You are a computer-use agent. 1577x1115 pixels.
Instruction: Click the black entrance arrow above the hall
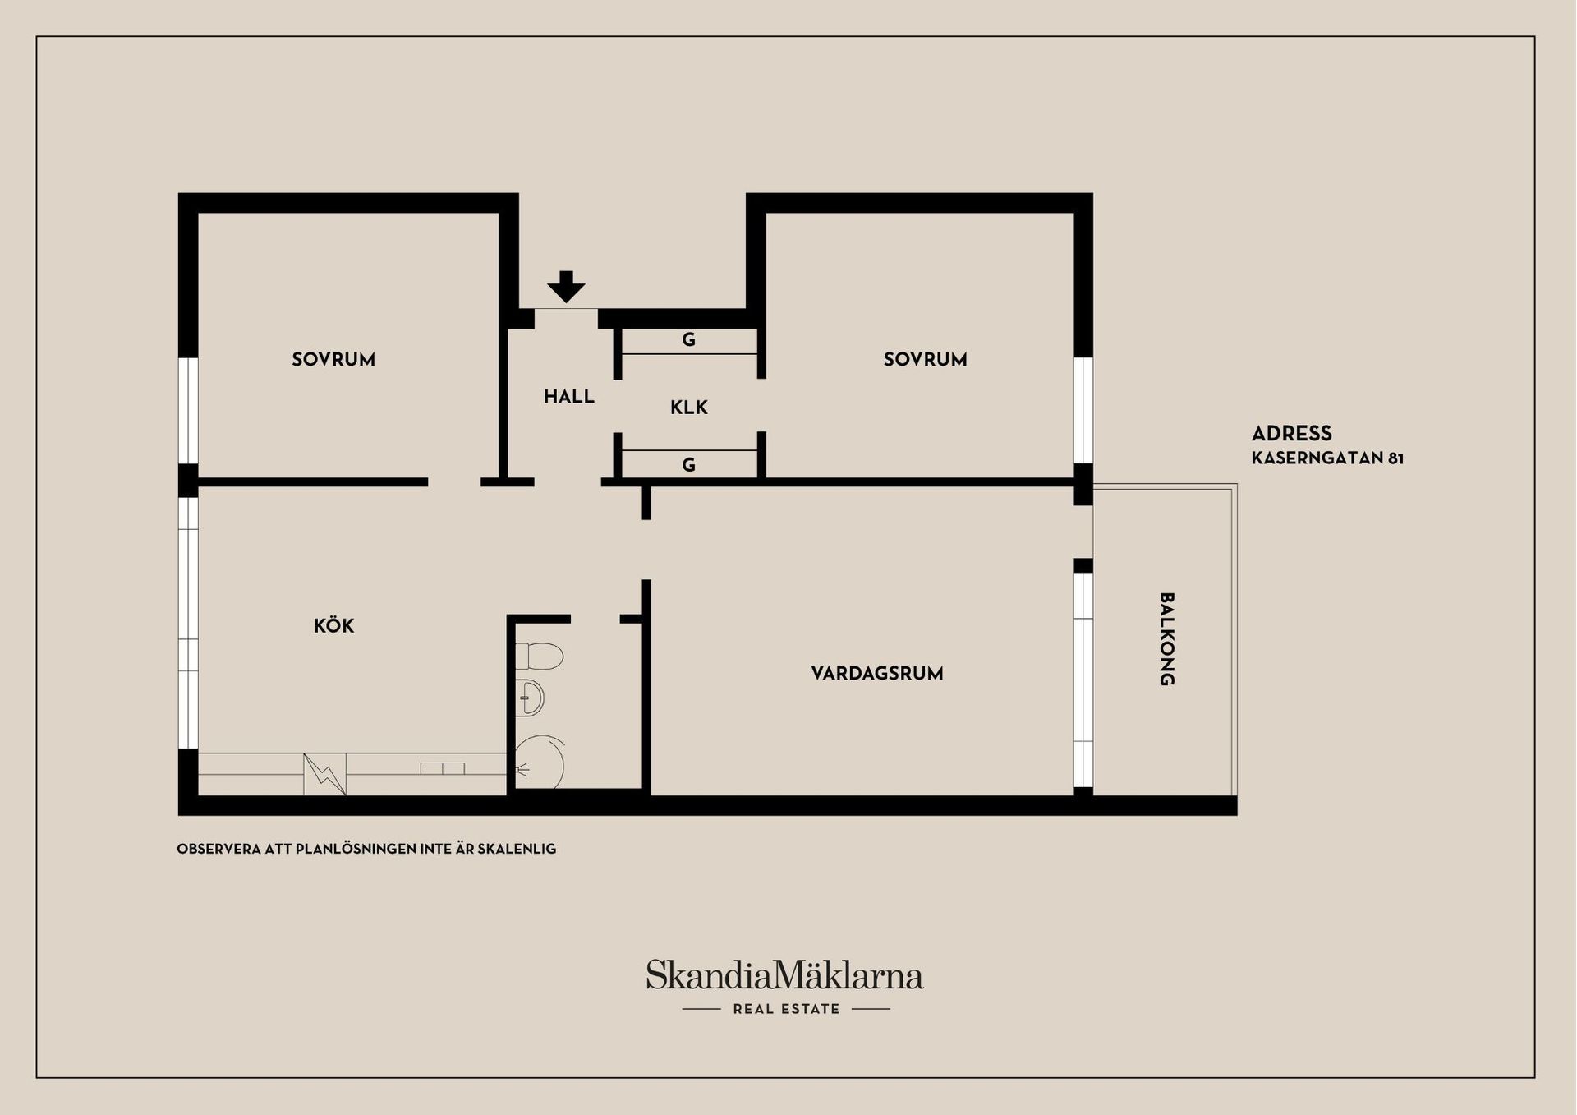coord(566,287)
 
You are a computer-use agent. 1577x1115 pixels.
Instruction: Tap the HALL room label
coord(569,397)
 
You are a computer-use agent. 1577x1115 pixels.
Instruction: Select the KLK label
coord(688,408)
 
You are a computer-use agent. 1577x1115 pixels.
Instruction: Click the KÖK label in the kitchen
coord(333,625)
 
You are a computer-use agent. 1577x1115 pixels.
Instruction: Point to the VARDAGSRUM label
coord(877,674)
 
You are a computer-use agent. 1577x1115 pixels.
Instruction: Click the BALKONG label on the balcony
coord(1166,639)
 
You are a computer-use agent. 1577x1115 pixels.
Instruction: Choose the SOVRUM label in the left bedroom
coord(333,359)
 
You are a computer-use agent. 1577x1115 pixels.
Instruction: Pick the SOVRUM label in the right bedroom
coord(925,359)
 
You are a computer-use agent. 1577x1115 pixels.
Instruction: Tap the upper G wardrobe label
coord(689,339)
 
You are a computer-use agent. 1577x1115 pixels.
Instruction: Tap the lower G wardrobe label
coord(689,465)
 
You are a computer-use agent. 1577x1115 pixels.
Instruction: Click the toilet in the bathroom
coord(539,657)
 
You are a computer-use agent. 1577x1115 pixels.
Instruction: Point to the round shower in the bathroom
coord(539,763)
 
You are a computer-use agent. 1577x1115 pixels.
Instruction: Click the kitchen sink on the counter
coord(443,768)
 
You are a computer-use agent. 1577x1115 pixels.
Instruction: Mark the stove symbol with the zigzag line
coord(325,774)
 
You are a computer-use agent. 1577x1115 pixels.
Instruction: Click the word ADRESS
coord(1292,434)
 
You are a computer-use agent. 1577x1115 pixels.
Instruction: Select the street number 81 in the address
coord(1396,458)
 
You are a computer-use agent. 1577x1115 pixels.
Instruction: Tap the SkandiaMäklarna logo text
coord(784,975)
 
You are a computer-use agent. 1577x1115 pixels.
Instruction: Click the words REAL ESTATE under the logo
coord(787,1009)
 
